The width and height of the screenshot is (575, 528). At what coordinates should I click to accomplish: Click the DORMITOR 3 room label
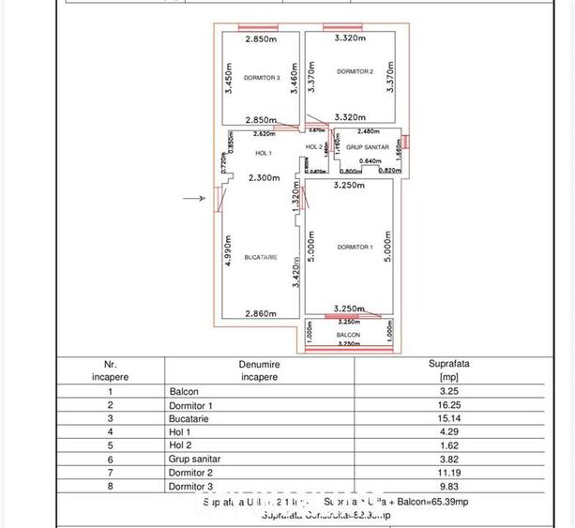click(x=261, y=78)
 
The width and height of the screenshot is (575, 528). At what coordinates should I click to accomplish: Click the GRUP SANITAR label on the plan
click(x=366, y=148)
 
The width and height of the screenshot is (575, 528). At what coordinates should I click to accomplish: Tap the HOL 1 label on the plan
click(x=263, y=153)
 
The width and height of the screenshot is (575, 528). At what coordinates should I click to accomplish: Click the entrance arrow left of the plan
click(x=195, y=199)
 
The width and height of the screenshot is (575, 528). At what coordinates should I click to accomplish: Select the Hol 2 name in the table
click(x=184, y=445)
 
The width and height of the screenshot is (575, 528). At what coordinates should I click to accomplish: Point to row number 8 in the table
click(x=111, y=486)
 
